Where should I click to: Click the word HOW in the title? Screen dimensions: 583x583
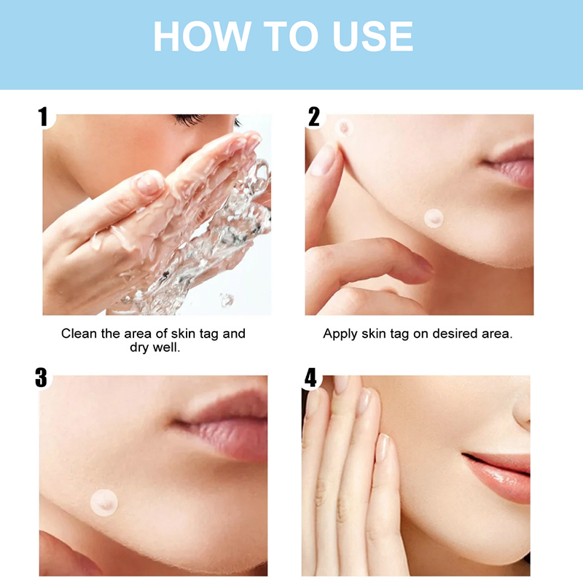(202, 36)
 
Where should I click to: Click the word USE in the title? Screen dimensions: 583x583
(373, 36)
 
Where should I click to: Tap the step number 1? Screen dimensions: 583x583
(43, 117)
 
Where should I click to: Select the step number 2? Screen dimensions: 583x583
(314, 117)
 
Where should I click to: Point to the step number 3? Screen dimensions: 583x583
(42, 377)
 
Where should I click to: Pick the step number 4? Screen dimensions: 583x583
(310, 377)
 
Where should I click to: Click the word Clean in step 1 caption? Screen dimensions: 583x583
(79, 334)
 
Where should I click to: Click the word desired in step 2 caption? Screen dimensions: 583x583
(455, 334)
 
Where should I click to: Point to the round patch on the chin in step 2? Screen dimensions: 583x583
(434, 218)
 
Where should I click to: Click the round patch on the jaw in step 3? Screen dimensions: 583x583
(104, 503)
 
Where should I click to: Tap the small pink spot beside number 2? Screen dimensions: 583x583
(344, 128)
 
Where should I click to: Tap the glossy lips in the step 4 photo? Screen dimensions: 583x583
(498, 477)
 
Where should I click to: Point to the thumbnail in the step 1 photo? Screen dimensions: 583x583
(149, 183)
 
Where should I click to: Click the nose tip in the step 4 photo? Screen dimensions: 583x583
(523, 412)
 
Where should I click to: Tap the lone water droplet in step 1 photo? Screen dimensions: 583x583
(227, 300)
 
